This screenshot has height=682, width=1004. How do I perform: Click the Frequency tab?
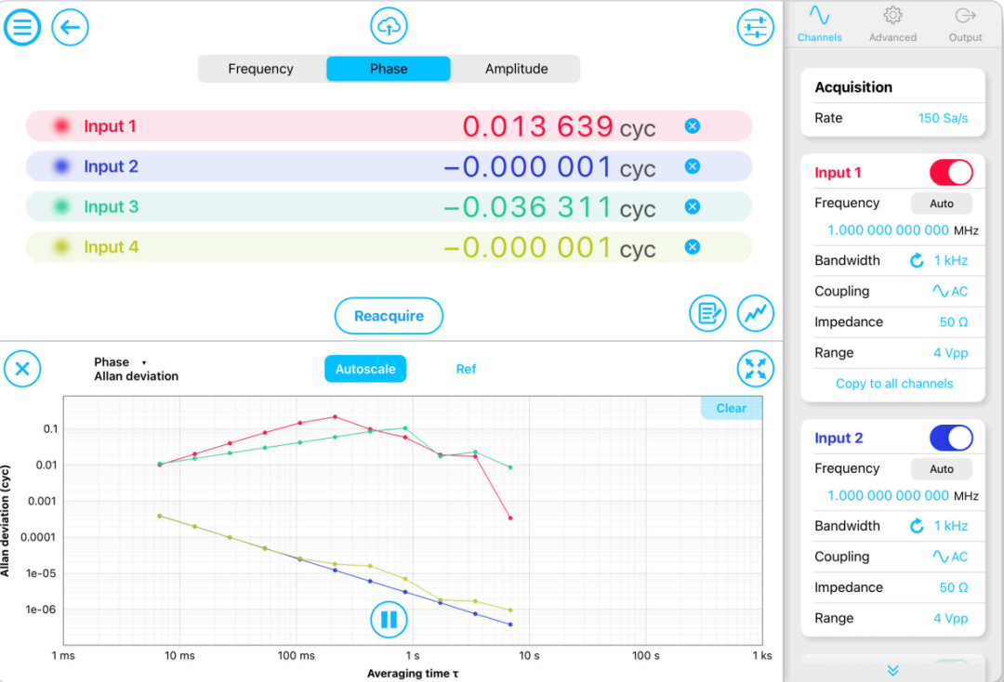tap(260, 69)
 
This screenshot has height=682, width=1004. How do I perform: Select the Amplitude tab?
tap(516, 69)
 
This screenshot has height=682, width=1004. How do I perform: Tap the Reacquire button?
tap(389, 316)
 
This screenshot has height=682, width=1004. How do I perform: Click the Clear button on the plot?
tap(731, 408)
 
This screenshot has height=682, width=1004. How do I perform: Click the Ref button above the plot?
tap(466, 369)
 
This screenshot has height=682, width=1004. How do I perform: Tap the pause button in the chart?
tap(389, 619)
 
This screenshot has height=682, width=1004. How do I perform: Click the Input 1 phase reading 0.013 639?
tap(537, 126)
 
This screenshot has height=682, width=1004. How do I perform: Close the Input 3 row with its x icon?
tap(692, 206)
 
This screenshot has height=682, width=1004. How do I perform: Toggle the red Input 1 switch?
tap(951, 172)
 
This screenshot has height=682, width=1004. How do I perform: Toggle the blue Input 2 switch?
tap(951, 438)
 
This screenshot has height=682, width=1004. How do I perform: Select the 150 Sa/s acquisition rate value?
tap(943, 118)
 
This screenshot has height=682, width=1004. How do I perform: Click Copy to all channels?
tap(894, 384)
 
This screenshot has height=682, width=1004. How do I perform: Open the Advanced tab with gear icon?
tap(892, 24)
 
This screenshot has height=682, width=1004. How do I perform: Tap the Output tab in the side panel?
tap(965, 24)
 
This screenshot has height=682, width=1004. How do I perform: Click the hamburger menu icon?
tap(22, 27)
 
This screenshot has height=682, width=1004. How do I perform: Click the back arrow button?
tap(70, 27)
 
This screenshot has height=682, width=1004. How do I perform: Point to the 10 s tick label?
tap(529, 656)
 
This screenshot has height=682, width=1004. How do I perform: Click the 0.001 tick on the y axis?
tap(42, 501)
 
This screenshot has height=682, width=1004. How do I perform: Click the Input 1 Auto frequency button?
tap(941, 203)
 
